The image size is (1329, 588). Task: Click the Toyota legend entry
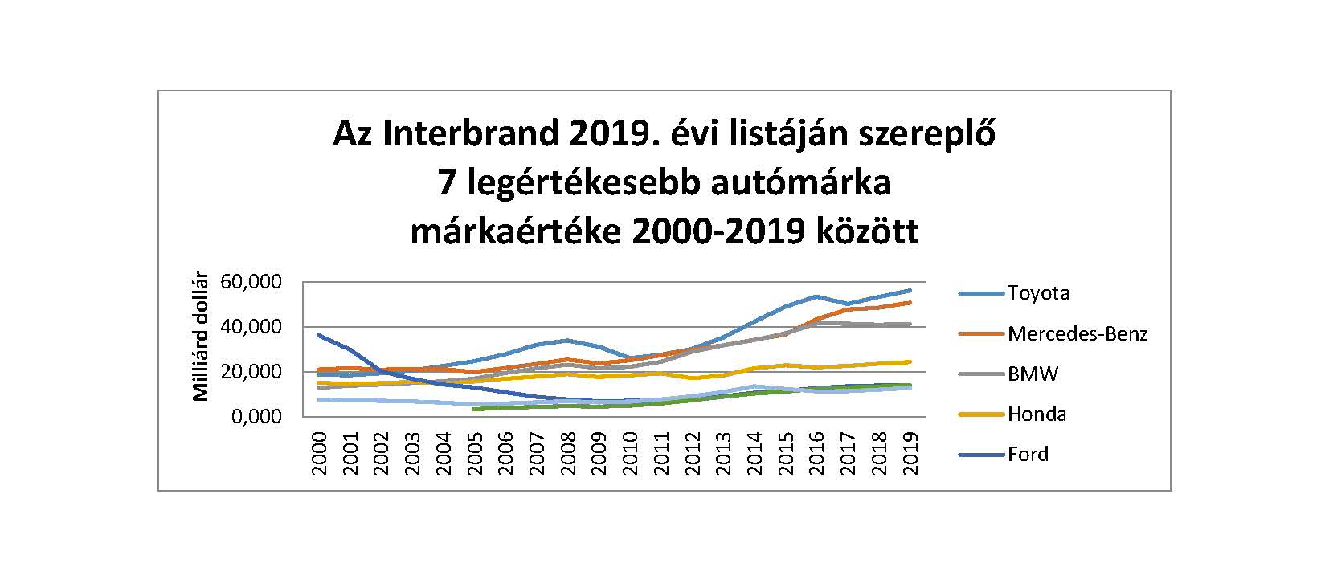tap(1038, 293)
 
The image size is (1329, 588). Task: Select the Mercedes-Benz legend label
tap(1077, 333)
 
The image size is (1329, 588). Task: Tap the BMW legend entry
tap(1033, 374)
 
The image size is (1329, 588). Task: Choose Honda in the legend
tap(1037, 414)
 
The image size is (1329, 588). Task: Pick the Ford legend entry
tap(1028, 455)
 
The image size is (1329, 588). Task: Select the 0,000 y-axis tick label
tap(256, 417)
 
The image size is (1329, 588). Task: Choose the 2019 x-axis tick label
tap(910, 455)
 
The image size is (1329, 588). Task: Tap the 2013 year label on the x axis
tap(724, 455)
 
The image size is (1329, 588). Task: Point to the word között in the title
tap(867, 232)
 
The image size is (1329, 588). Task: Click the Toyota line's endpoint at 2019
tap(910, 290)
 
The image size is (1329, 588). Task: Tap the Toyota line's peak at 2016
tap(817, 296)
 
